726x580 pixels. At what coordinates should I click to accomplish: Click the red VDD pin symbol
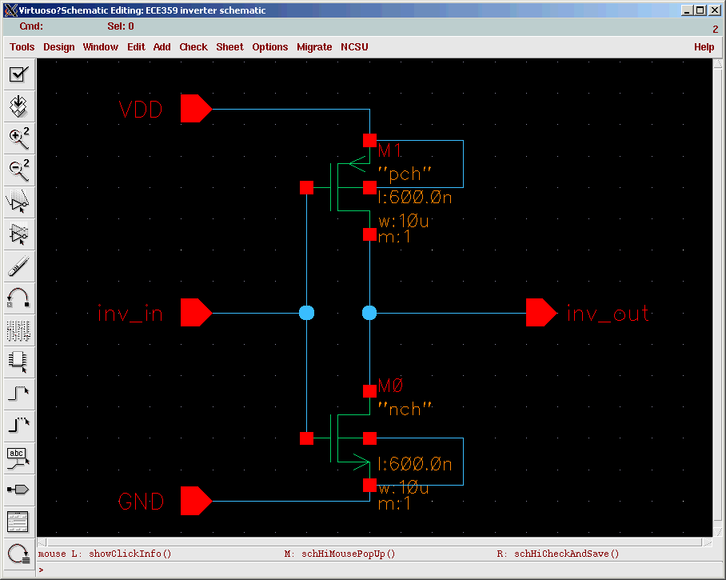tap(196, 109)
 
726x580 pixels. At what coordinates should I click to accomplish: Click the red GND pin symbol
tap(196, 501)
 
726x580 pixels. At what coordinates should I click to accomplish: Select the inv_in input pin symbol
tap(196, 313)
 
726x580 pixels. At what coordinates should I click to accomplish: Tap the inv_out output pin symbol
tap(541, 313)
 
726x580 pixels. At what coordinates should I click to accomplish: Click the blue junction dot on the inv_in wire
tap(306, 313)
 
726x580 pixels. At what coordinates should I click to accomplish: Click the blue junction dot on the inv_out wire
tap(369, 313)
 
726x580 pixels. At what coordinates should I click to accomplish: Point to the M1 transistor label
tap(390, 150)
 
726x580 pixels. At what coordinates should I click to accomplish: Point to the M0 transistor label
tap(391, 386)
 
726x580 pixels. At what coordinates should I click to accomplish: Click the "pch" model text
tap(405, 174)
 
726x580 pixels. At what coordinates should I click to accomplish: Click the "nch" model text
tap(405, 409)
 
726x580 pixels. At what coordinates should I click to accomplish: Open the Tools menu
tap(22, 46)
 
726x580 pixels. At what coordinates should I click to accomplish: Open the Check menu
tap(193, 46)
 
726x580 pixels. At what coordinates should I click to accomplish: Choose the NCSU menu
tap(354, 46)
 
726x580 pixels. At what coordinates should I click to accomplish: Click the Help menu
tap(704, 46)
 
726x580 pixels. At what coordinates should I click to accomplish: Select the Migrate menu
tap(314, 46)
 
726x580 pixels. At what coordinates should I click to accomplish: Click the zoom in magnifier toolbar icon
tap(19, 138)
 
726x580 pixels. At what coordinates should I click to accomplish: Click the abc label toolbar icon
tap(19, 458)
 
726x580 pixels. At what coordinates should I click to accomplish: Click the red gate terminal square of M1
tap(306, 188)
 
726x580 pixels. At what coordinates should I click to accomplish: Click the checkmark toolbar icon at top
tap(19, 74)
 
